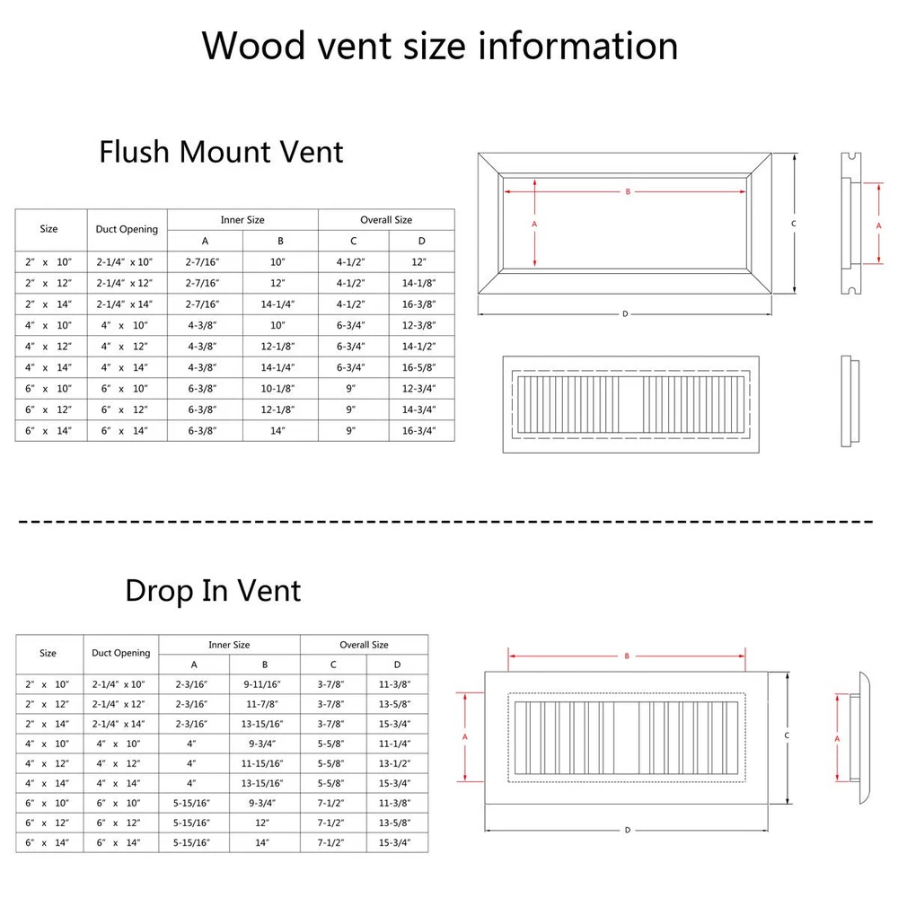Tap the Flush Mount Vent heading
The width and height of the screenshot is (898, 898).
tap(221, 151)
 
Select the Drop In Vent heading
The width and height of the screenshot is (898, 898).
tap(213, 590)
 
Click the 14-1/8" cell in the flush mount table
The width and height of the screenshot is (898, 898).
tap(421, 283)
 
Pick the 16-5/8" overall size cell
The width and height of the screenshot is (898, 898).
tap(421, 367)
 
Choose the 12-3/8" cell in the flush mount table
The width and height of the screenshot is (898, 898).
tap(421, 325)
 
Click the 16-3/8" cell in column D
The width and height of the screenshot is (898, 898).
tap(421, 304)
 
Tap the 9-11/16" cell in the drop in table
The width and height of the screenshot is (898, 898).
tap(264, 684)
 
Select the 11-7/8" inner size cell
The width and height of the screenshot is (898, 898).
tap(264, 704)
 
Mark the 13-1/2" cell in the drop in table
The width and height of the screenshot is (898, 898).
tap(397, 764)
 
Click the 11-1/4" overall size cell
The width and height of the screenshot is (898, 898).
tap(397, 744)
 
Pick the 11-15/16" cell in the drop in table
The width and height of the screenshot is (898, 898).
tap(264, 764)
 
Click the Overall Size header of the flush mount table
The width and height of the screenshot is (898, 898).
tap(386, 220)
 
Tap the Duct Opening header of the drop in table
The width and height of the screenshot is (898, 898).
tap(120, 654)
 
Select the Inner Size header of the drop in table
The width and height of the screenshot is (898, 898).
tap(229, 645)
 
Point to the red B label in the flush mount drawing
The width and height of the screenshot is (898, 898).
tap(628, 191)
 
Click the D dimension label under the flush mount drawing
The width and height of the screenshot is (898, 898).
tap(624, 313)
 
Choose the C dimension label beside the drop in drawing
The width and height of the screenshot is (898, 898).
tap(787, 735)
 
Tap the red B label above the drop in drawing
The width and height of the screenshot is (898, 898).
tap(627, 656)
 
